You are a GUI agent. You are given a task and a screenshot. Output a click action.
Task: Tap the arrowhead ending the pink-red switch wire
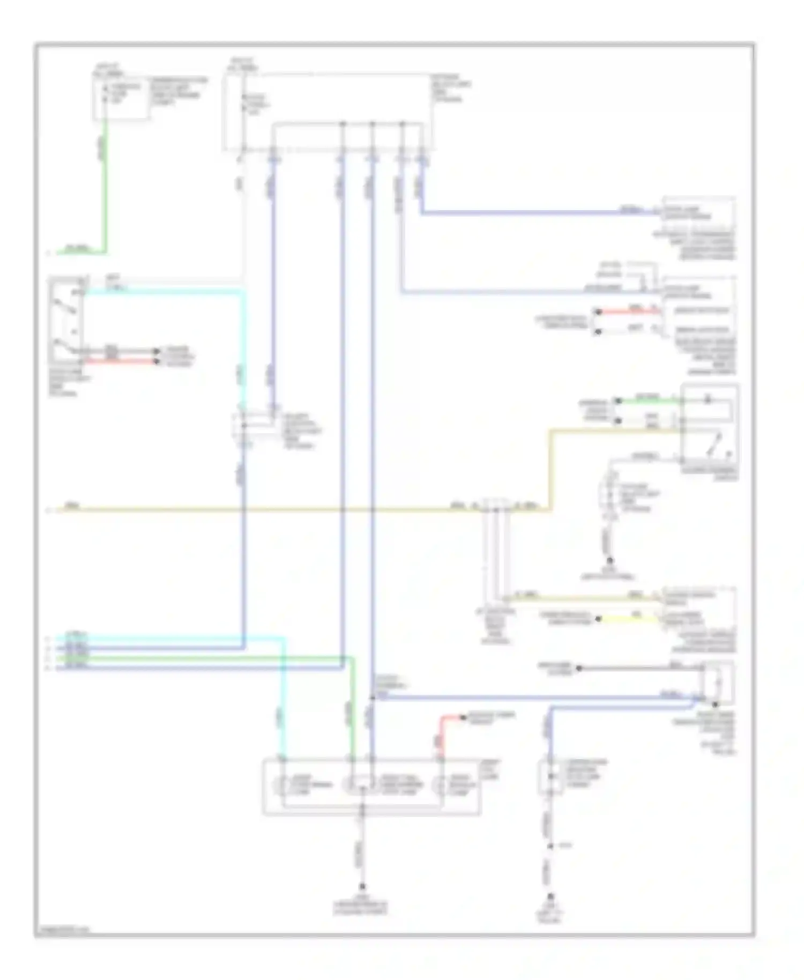(157, 362)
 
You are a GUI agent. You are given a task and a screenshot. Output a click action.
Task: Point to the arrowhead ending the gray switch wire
(157, 352)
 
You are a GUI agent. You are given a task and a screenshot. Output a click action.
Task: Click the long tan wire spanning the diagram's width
(268, 510)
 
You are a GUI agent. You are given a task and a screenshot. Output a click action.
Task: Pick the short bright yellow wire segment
(627, 619)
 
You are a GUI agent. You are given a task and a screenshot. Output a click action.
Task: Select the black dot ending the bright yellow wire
(599, 619)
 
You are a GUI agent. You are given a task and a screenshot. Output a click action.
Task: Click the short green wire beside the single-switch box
(649, 400)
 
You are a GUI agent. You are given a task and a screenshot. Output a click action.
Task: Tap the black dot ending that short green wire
(618, 400)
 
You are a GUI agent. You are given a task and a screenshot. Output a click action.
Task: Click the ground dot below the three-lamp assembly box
(362, 886)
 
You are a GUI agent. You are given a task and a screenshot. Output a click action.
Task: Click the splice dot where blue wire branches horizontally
(372, 697)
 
